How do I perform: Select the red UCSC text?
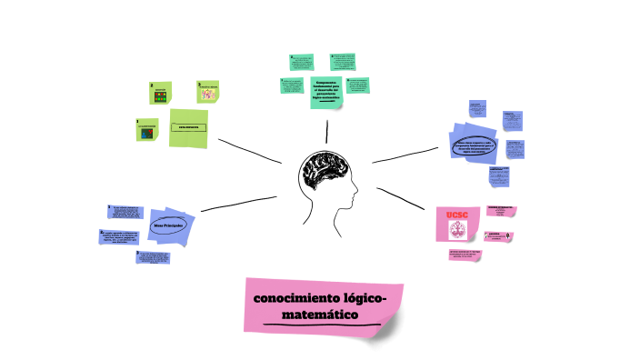tap(456, 214)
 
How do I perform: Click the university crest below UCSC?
tap(456, 230)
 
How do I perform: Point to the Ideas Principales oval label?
tap(168, 224)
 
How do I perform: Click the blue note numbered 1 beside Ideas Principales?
tap(125, 213)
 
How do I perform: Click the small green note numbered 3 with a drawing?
tap(209, 92)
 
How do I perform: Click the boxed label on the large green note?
tap(188, 127)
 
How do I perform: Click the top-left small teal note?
tap(302, 62)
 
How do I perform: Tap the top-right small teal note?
tap(343, 62)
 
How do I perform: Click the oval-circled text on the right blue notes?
tap(473, 145)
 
